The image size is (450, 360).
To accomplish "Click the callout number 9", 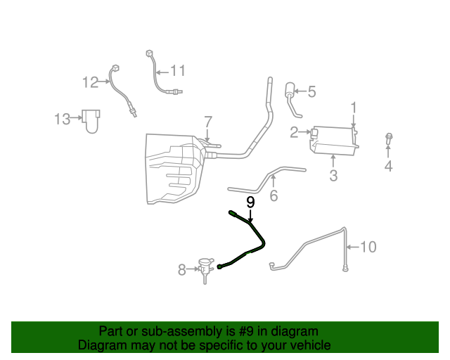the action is (250, 202).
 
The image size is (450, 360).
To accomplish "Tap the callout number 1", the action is (354, 108).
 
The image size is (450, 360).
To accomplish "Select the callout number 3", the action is (333, 176).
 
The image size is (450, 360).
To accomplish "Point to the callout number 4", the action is (388, 167).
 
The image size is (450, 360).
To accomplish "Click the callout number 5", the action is (311, 91).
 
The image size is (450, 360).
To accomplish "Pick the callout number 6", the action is (274, 196).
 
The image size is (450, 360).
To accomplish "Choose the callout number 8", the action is (181, 268).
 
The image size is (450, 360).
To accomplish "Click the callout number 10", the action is (368, 247).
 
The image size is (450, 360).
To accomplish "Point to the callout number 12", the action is (90, 82).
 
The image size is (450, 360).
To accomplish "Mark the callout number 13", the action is (63, 119).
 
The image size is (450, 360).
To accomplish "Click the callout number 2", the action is (294, 131).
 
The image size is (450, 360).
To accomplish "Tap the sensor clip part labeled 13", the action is (90, 120).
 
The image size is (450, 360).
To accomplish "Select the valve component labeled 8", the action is (205, 268).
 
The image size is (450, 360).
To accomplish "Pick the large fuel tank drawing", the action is (174, 169).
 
